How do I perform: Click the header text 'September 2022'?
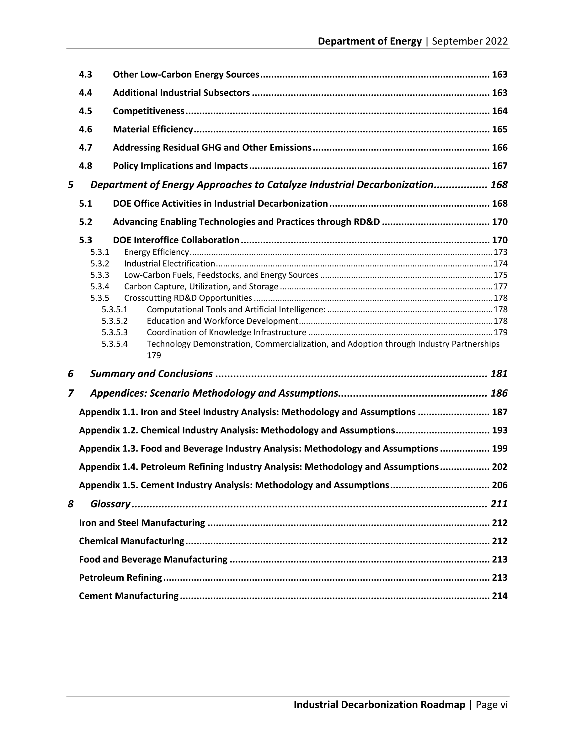pyautogui.click(x=470, y=41)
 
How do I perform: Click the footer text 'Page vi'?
pyautogui.click(x=492, y=705)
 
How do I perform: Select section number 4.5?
pyautogui.click(x=86, y=111)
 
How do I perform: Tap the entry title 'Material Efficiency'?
pyautogui.click(x=153, y=129)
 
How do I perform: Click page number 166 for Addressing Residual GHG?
pyautogui.click(x=499, y=148)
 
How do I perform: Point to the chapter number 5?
pyautogui.click(x=71, y=185)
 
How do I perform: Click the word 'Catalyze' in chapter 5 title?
pyautogui.click(x=287, y=185)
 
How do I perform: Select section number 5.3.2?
pyautogui.click(x=100, y=264)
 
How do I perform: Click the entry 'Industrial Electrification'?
pyautogui.click(x=170, y=264)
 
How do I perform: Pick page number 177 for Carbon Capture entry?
pyautogui.click(x=501, y=287)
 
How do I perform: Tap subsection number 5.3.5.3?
pyautogui.click(x=115, y=332)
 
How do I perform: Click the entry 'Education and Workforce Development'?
pyautogui.click(x=222, y=321)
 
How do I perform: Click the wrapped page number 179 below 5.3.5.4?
pyautogui.click(x=154, y=356)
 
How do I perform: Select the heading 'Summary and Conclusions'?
pyautogui.click(x=152, y=374)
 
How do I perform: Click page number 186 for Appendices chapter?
pyautogui.click(x=499, y=393)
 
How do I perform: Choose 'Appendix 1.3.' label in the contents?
pyautogui.click(x=109, y=449)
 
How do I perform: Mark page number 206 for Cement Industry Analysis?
pyautogui.click(x=499, y=485)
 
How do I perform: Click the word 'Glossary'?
pyautogui.click(x=110, y=504)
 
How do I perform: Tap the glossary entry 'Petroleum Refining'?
pyautogui.click(x=120, y=578)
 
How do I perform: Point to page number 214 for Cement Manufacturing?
pyautogui.click(x=499, y=596)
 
